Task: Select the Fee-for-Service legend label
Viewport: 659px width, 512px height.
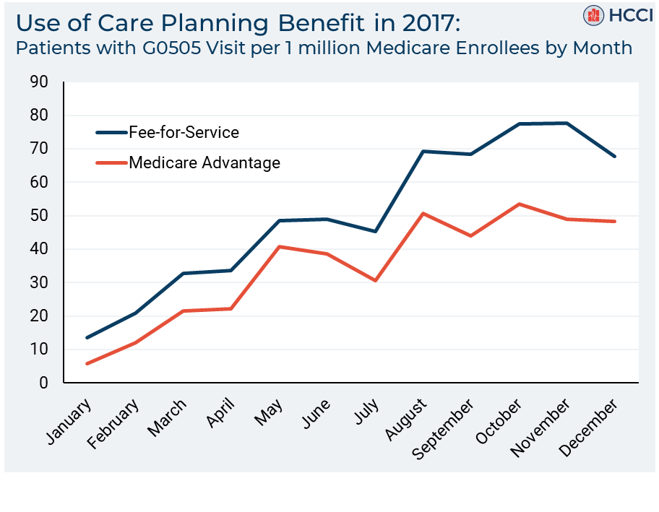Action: click(x=184, y=132)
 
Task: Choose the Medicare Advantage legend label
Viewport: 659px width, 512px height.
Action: click(x=204, y=162)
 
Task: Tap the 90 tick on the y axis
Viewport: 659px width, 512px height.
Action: click(x=39, y=82)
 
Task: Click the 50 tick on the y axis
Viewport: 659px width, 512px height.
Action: click(x=39, y=216)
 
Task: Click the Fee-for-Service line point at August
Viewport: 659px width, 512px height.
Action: click(x=423, y=151)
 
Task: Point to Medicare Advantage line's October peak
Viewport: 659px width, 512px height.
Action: click(x=519, y=204)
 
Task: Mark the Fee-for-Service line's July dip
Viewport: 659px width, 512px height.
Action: click(x=376, y=232)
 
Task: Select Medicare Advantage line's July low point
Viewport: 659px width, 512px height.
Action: click(x=376, y=280)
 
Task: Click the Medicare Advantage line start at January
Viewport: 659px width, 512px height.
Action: click(x=87, y=363)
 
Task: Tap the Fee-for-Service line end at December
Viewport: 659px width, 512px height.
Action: click(x=614, y=156)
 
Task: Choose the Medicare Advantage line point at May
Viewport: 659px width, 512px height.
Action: click(x=280, y=247)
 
